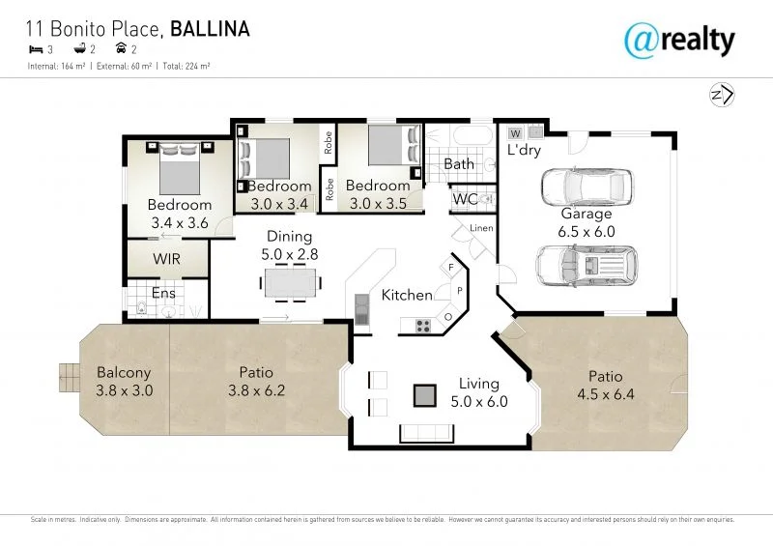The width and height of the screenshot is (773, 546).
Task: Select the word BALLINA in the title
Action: pyautogui.click(x=211, y=29)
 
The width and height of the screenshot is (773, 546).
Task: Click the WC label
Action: pyautogui.click(x=465, y=199)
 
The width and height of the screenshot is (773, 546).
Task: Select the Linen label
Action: pyautogui.click(x=480, y=228)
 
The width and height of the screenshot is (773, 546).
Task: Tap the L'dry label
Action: pyautogui.click(x=524, y=151)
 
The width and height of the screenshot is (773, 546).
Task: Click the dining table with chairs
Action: pyautogui.click(x=290, y=282)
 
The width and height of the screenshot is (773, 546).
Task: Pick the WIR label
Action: pyautogui.click(x=166, y=259)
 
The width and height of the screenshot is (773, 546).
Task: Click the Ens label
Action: pyautogui.click(x=161, y=292)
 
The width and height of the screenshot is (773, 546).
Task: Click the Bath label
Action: pyautogui.click(x=459, y=164)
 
